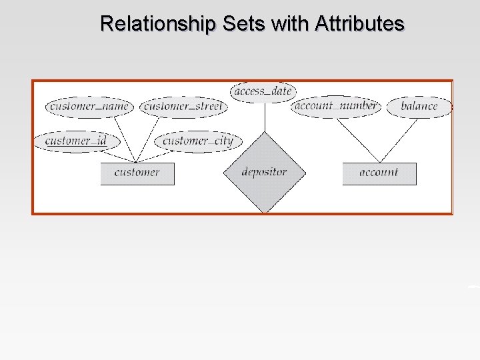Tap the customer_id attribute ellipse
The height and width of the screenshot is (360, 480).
[x=75, y=141]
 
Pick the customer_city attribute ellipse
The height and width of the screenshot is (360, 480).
[x=198, y=141]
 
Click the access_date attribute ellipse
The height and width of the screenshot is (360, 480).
[x=263, y=91]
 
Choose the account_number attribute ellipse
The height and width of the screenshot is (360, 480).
[x=336, y=106]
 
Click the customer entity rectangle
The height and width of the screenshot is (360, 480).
[x=137, y=173]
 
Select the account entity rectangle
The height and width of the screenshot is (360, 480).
[x=379, y=173]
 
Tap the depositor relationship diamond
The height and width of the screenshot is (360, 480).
[x=265, y=173]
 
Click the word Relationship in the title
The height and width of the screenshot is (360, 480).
[x=157, y=24]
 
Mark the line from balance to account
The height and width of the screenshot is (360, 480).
[x=398, y=140]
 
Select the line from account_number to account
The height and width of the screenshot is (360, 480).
[x=358, y=140]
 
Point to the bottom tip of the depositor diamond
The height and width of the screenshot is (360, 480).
[x=265, y=212]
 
